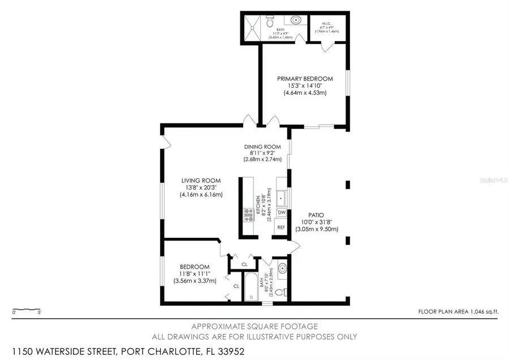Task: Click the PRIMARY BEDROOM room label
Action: tap(305, 79)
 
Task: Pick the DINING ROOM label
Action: tap(262, 147)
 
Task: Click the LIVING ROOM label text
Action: tap(201, 181)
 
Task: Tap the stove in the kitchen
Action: tap(248, 213)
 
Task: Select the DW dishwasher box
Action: tap(281, 212)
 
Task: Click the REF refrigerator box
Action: tap(281, 227)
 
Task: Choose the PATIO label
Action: tap(316, 215)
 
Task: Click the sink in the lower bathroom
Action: tap(283, 268)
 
